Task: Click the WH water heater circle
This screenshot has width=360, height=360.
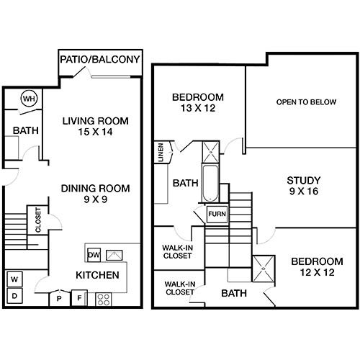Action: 30,99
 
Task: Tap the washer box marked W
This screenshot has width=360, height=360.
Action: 14,279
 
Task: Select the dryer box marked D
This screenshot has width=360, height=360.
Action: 14,296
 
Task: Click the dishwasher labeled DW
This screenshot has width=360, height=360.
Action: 94,255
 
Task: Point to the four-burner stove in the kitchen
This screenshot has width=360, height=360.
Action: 104,300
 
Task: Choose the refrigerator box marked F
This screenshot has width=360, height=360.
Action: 79,298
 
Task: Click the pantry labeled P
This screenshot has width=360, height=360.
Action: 59,299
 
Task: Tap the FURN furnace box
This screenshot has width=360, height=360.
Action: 217,214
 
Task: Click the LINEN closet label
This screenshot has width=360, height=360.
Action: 161,153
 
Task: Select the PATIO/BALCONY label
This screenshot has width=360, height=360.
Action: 100,59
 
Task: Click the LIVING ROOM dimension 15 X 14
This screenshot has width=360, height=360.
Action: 95,132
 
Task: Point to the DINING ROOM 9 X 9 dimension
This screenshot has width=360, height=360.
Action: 95,199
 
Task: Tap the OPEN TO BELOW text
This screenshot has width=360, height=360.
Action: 306,102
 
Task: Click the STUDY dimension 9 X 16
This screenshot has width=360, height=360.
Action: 304,192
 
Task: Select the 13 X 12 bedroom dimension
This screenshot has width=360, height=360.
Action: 198,108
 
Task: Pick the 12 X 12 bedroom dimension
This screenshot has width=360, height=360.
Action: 318,272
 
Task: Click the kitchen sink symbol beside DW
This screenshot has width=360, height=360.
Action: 114,255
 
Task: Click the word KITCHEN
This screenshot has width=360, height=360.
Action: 97,275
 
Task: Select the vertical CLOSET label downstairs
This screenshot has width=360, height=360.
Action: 38,220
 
